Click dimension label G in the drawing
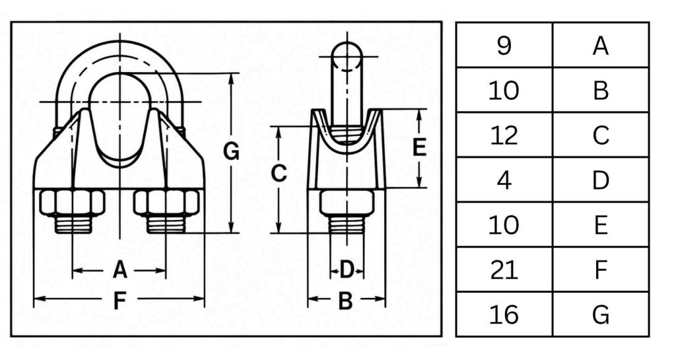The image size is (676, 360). [231, 151]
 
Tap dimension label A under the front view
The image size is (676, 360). [120, 270]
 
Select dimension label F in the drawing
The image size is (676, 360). [119, 301]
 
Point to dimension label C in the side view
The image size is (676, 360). [279, 173]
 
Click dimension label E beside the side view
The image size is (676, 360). [419, 147]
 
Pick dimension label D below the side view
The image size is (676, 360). [347, 270]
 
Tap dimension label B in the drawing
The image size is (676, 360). [345, 301]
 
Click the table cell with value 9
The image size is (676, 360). [504, 46]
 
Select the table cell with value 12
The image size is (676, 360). [504, 135]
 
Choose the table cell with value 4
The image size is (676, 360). [504, 180]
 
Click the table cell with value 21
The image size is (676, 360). [504, 270]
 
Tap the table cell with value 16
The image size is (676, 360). [504, 314]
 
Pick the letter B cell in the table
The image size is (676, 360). [601, 90]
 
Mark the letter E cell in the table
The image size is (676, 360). [601, 225]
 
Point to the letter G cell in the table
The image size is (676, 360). [601, 314]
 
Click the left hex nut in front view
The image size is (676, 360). [72, 203]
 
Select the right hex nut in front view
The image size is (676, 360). [166, 203]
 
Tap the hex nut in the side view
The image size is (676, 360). [346, 203]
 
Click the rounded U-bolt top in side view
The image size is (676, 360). [347, 55]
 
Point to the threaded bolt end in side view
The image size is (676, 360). [346, 225]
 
